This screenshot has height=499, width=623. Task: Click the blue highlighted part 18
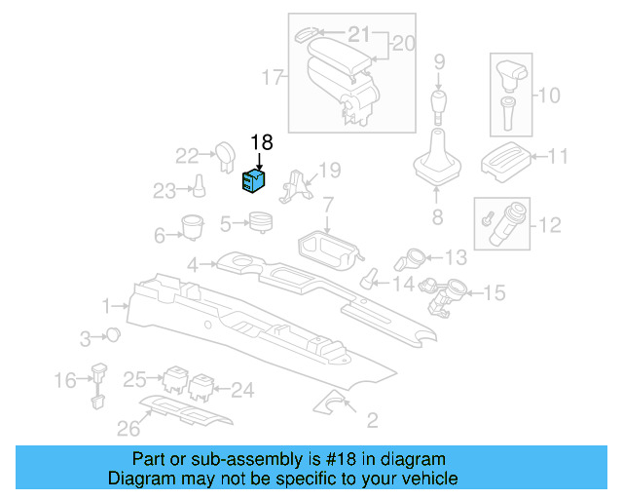click(254, 180)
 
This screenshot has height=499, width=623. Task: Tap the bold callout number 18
click(262, 143)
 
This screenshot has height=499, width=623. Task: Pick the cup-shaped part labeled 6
click(191, 226)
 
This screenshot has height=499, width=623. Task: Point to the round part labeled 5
click(260, 223)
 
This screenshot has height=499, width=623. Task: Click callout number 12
click(550, 225)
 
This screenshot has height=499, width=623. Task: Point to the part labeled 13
click(410, 260)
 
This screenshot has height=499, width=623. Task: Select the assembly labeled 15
click(446, 293)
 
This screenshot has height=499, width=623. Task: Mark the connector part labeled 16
click(98, 382)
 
